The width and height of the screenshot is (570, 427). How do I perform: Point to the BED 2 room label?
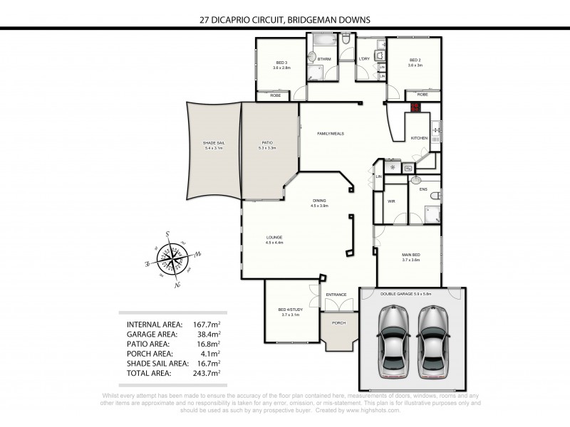415,60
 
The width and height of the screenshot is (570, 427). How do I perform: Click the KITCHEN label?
419,137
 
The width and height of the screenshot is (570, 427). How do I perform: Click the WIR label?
391,201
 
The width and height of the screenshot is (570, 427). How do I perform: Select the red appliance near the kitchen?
415,107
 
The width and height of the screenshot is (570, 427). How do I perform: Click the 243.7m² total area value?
207,371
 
